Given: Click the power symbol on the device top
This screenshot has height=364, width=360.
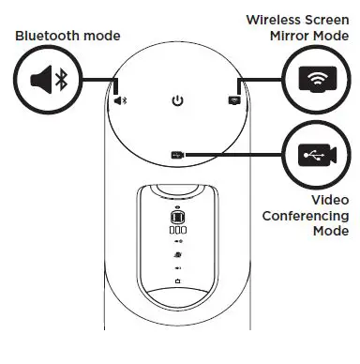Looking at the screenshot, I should [x=176, y=98].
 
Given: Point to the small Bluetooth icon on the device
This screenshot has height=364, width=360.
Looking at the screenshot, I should [x=120, y=98].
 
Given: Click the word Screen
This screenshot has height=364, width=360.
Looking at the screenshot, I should [x=327, y=19].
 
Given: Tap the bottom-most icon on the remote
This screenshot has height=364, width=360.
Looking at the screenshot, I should [x=177, y=281].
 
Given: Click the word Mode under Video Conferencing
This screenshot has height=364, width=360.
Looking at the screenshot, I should [x=331, y=231].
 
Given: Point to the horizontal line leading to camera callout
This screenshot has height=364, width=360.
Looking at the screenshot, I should [x=234, y=154].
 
